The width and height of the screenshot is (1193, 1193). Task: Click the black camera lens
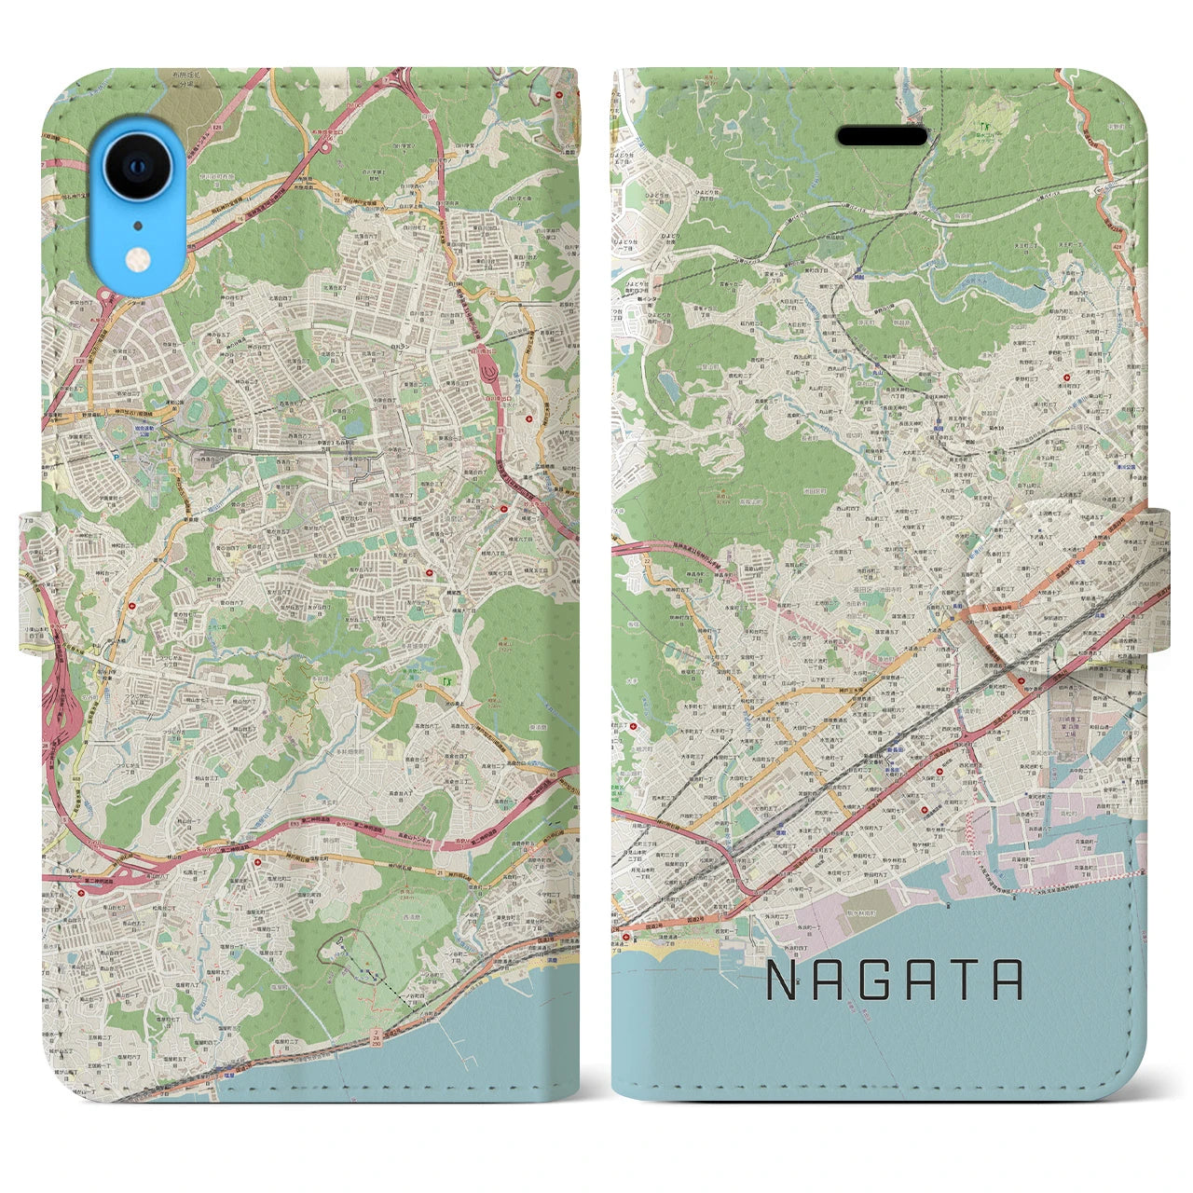tap(138, 168)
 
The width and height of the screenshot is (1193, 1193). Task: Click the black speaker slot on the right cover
tap(882, 137)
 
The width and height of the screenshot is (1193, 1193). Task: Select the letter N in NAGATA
tap(783, 980)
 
